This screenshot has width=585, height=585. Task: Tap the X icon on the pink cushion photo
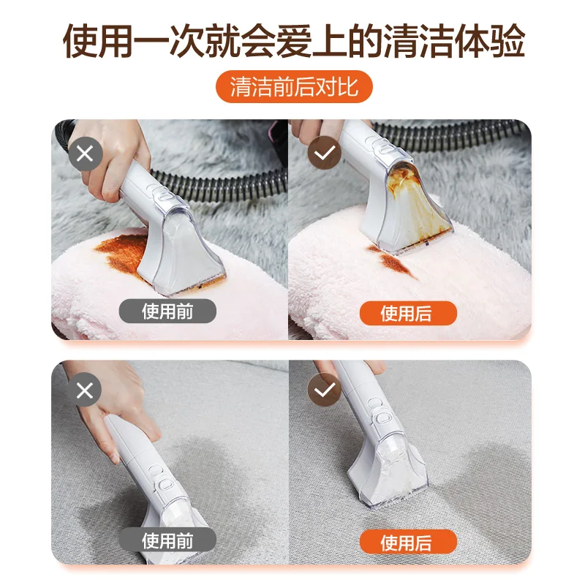[x=85, y=154]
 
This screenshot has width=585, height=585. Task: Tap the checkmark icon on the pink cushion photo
[x=322, y=154]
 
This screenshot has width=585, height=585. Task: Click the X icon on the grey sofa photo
[x=85, y=390]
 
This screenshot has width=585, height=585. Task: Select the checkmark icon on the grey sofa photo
[x=322, y=390]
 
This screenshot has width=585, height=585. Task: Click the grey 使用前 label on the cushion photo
[x=169, y=312]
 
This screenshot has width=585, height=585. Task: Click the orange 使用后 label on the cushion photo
[x=407, y=313]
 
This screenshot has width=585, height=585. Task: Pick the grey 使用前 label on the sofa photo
[x=169, y=541]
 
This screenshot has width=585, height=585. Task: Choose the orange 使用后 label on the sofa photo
[x=407, y=543]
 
